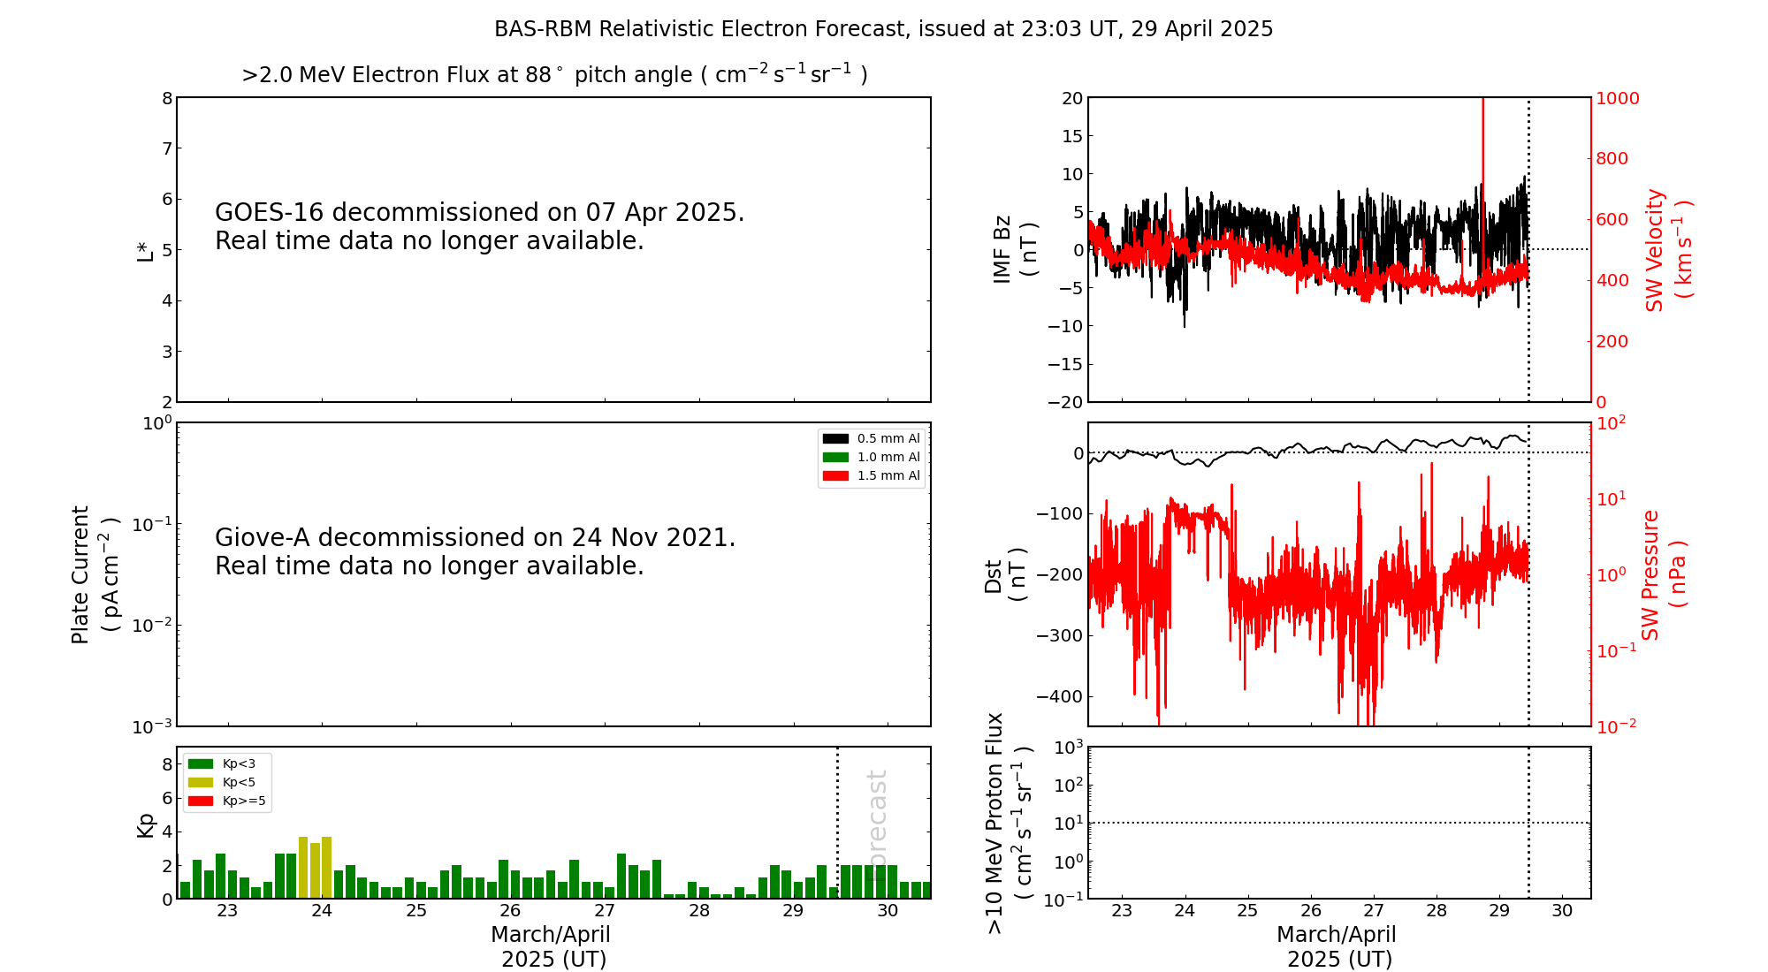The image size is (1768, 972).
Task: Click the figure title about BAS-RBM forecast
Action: (x=883, y=29)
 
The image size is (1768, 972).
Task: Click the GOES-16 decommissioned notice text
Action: (x=479, y=226)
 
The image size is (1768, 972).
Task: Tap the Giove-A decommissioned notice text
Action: (x=475, y=551)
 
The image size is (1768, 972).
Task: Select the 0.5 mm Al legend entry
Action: (x=872, y=438)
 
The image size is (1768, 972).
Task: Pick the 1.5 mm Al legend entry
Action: (x=872, y=475)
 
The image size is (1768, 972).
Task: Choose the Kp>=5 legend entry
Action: (x=226, y=801)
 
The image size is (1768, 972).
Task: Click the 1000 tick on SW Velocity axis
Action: (x=1617, y=98)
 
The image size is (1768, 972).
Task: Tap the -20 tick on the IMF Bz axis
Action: (x=1066, y=402)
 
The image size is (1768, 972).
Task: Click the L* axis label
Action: (x=145, y=250)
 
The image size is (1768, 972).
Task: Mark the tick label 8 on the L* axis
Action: (x=166, y=98)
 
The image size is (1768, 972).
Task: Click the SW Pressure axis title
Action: (x=1663, y=574)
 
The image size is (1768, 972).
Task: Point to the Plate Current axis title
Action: (x=94, y=574)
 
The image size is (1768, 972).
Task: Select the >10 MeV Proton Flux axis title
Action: (x=1008, y=823)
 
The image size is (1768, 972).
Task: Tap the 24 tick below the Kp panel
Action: (x=322, y=911)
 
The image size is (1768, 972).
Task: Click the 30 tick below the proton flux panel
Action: (x=1562, y=911)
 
